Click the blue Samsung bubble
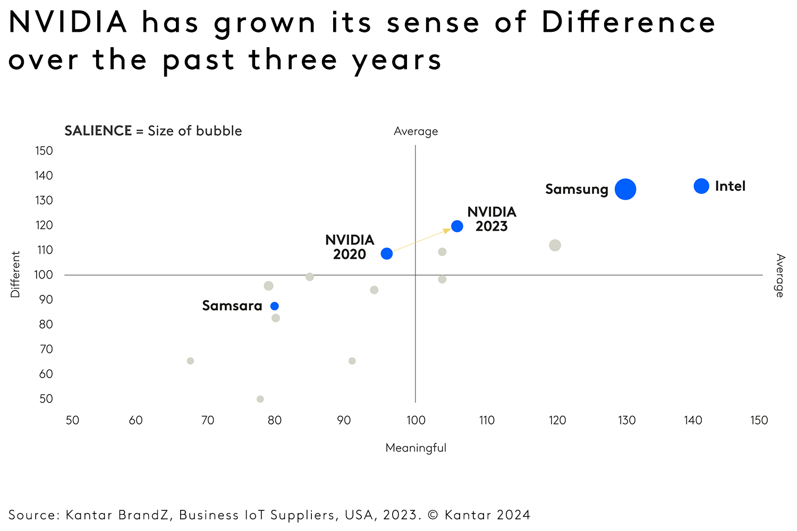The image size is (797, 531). click(625, 189)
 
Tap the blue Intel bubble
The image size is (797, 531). click(701, 186)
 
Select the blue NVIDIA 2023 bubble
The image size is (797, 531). click(457, 226)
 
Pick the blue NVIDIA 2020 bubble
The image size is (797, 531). click(387, 253)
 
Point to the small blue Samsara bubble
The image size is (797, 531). click(275, 306)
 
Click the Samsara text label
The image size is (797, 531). click(232, 306)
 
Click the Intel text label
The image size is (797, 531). click(730, 186)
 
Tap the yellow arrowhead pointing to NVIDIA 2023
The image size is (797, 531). click(447, 230)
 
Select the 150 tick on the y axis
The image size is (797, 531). click(44, 151)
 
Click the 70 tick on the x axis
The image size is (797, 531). click(207, 421)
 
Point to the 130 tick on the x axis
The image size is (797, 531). click(626, 421)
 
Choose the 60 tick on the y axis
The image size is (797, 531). click(46, 374)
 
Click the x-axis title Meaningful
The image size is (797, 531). click(416, 448)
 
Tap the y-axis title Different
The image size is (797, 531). click(15, 274)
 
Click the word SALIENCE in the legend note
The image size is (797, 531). click(98, 131)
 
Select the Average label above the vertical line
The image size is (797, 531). click(416, 132)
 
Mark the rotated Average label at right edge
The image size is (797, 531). click(779, 275)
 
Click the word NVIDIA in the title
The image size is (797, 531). click(68, 22)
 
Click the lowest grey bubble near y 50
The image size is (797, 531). click(260, 399)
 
